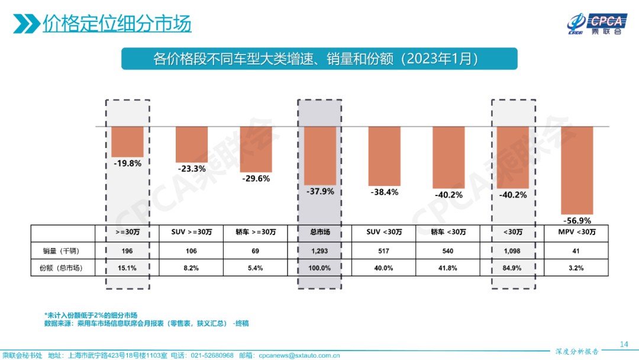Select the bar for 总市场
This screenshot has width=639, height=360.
point(320,156)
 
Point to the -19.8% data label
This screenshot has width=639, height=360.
point(127,163)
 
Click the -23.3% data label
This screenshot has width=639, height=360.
point(192,169)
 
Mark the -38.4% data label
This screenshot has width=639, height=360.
point(384,192)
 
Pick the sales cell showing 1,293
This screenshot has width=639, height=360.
point(320,250)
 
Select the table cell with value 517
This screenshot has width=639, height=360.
point(384,250)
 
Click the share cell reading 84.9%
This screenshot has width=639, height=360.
point(512,268)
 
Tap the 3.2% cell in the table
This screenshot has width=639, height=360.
point(576,268)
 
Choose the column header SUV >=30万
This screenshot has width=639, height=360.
point(192,232)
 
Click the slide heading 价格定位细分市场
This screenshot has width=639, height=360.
point(117,25)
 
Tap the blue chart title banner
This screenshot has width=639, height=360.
point(319,59)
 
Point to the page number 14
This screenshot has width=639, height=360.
point(624,344)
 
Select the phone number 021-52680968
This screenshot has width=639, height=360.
point(210,355)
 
